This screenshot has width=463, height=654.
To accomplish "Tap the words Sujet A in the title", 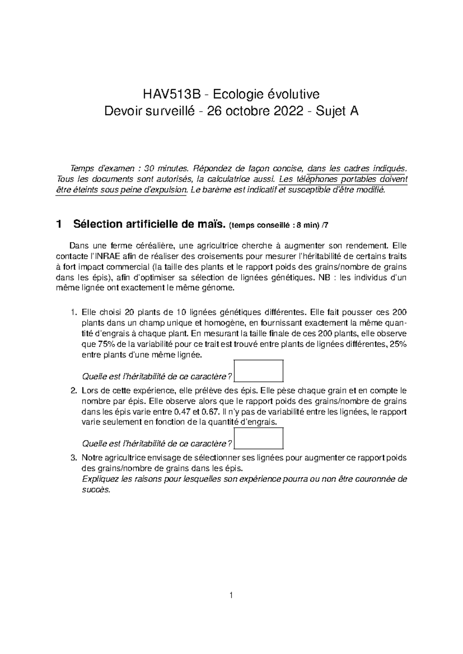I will [337, 111].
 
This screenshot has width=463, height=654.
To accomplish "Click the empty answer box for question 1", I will [259, 370].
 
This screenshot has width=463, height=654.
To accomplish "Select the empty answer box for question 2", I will [259, 438].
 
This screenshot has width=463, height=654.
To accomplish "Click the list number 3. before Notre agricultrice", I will [74, 458].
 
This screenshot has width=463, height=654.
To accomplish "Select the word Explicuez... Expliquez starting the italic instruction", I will [100, 479].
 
